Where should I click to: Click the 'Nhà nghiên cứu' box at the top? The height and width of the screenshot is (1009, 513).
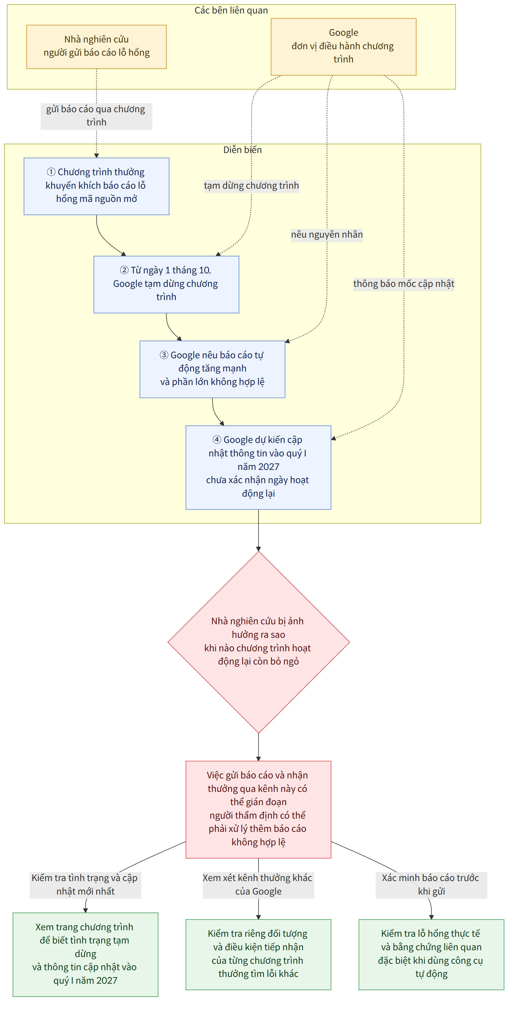click(x=96, y=47)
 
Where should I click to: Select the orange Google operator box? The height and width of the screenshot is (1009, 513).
click(x=343, y=47)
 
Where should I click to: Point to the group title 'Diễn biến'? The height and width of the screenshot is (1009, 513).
click(x=242, y=150)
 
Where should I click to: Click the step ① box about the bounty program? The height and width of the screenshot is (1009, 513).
click(x=96, y=186)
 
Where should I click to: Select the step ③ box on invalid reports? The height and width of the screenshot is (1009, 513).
click(x=212, y=369)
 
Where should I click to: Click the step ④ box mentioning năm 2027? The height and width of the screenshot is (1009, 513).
click(x=258, y=467)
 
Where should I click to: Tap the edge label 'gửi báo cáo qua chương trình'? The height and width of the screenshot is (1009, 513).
click(x=96, y=116)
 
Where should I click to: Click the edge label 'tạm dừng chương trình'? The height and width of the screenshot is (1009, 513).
click(x=251, y=186)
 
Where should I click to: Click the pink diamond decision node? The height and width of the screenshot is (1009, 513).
click(x=258, y=642)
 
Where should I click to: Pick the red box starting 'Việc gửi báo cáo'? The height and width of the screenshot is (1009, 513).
click(x=258, y=809)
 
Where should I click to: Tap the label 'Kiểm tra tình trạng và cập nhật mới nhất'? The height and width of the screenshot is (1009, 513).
click(x=85, y=885)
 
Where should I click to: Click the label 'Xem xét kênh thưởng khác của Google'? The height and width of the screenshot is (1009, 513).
click(x=258, y=885)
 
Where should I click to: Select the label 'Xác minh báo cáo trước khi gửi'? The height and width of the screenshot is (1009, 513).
click(x=431, y=885)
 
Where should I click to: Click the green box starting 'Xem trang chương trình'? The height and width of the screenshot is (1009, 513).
click(x=85, y=954)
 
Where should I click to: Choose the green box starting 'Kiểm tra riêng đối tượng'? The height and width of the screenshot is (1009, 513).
click(x=258, y=954)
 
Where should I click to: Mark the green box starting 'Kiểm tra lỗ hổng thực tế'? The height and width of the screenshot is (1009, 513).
click(x=431, y=954)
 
